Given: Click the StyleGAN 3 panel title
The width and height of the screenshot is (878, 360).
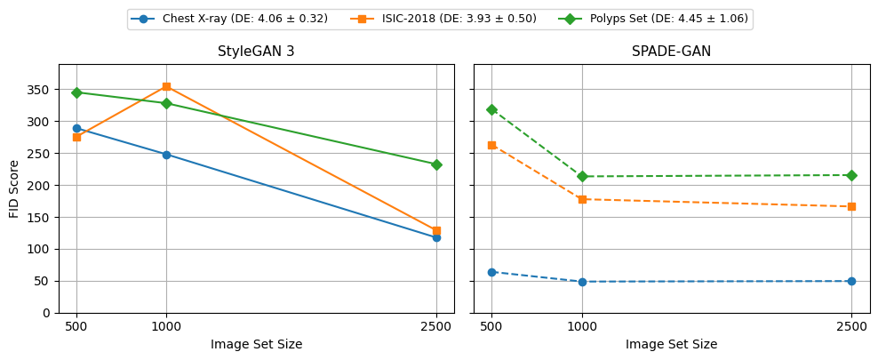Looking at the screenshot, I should [256, 52].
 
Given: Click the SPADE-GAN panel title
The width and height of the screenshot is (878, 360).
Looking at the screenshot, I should [671, 52].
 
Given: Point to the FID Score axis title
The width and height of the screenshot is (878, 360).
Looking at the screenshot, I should [15, 188].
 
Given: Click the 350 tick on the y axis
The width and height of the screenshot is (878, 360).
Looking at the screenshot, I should [38, 90].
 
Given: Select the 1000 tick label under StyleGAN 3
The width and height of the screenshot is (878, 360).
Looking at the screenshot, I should [166, 326].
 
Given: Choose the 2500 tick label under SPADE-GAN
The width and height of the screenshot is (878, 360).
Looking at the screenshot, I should [851, 326].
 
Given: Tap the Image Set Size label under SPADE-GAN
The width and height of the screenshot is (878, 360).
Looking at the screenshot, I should [671, 344].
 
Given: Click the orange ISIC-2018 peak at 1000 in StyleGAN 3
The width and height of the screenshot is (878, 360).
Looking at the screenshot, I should [166, 86].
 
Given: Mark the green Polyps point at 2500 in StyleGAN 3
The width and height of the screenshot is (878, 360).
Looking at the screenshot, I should [436, 164].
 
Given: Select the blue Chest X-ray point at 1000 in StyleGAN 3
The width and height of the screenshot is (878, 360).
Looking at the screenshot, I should [166, 155].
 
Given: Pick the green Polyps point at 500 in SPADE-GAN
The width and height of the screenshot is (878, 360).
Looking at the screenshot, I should [491, 109].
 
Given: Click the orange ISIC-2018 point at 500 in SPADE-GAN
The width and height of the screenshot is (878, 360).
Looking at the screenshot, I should [491, 145].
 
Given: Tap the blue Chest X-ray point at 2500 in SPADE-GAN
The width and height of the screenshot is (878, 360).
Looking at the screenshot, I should [851, 281].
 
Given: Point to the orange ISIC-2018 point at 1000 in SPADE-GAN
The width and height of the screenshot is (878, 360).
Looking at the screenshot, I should [582, 199].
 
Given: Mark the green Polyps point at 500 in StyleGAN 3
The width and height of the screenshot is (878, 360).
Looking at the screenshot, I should [76, 92].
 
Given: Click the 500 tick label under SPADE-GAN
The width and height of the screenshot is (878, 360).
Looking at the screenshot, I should [491, 326].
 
